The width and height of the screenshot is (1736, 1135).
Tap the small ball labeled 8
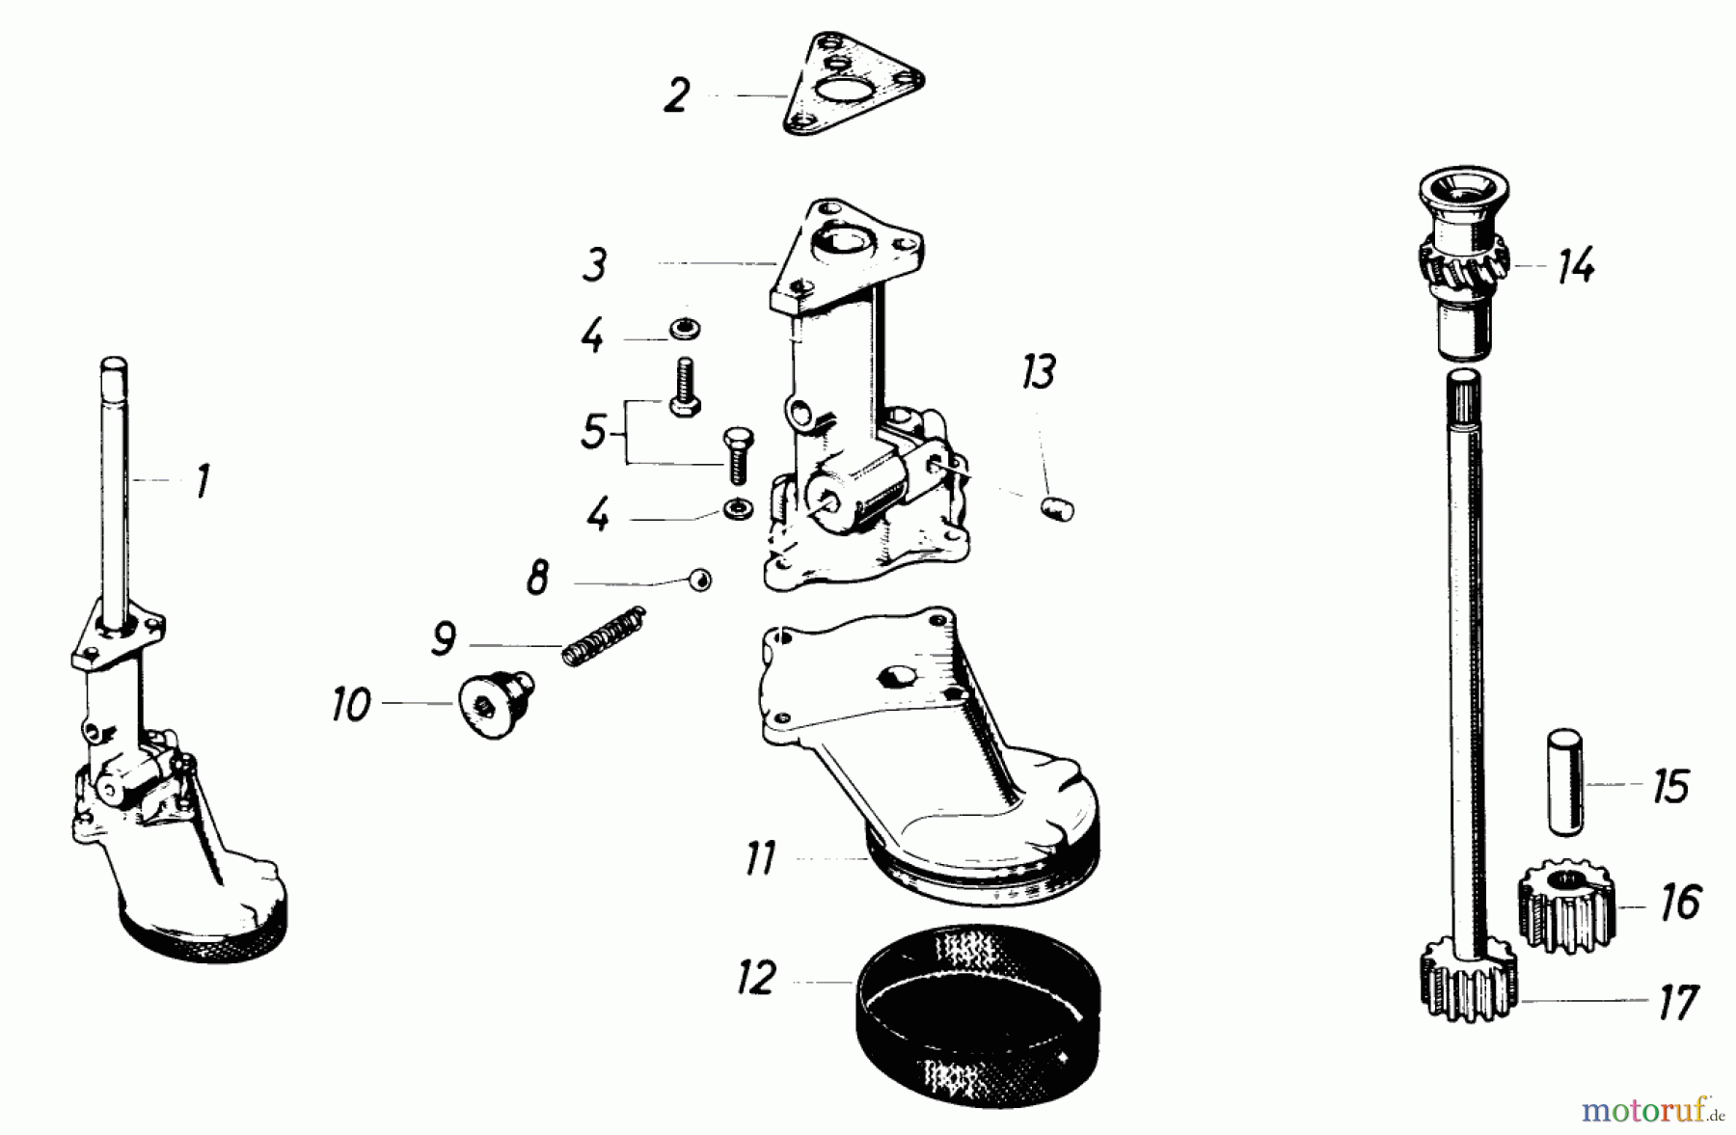[x=700, y=580]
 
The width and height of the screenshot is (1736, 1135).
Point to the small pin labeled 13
[x=1057, y=508]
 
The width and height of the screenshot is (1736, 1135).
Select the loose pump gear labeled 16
[x=1566, y=905]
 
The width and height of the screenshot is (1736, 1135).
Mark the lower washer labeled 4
[x=739, y=507]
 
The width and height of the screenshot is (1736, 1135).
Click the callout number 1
[x=203, y=481]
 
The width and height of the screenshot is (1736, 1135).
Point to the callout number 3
[x=595, y=264]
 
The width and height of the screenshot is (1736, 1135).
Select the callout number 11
[x=760, y=857]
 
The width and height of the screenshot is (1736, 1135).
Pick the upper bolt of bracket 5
[x=683, y=387]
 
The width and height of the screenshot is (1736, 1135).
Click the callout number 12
[x=756, y=978]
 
